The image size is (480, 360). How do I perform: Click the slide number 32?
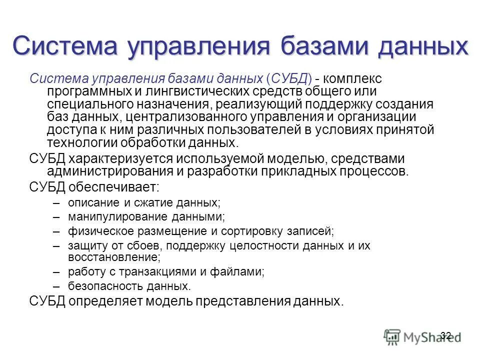[446, 335]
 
